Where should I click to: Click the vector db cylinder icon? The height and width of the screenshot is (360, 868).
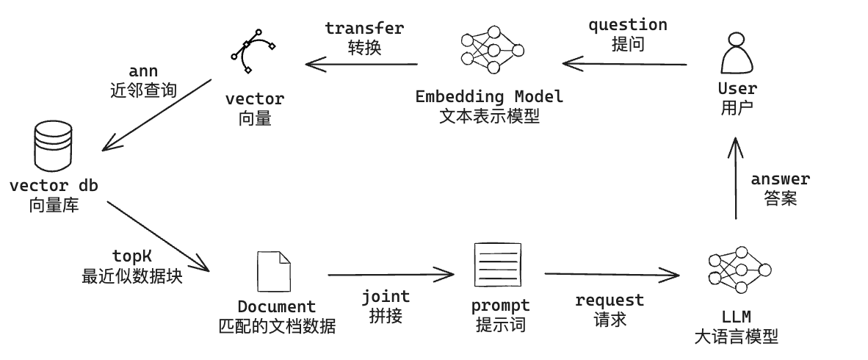(53, 145)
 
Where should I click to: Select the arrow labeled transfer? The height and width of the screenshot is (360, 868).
(362, 65)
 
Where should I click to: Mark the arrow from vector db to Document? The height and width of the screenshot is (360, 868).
(158, 235)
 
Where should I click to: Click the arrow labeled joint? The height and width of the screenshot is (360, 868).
(391, 275)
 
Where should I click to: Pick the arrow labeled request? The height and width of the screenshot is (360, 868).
(611, 275)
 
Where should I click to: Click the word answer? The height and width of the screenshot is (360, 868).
(780, 179)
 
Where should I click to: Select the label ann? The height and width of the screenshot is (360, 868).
(143, 71)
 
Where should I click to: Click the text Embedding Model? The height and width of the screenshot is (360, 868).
(489, 97)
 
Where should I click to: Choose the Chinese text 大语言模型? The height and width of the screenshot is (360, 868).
(736, 337)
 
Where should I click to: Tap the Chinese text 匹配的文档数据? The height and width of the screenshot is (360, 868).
(277, 325)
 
